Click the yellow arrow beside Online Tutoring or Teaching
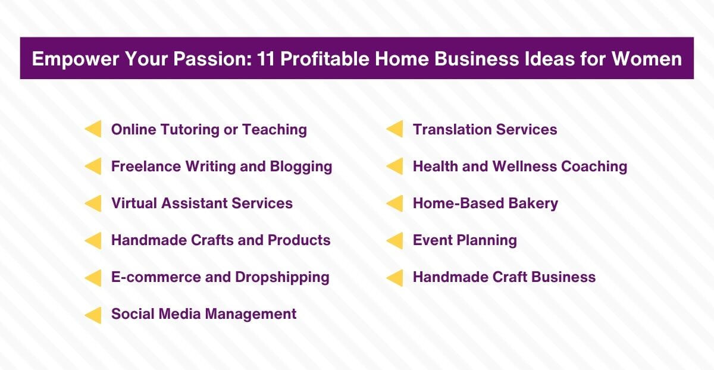pyautogui.click(x=93, y=129)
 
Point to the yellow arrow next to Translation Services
pyautogui.click(x=394, y=129)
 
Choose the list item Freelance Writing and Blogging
pyautogui.click(x=221, y=167)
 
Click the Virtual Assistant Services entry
pyautogui.click(x=202, y=203)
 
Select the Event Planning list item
pyautogui.click(x=465, y=240)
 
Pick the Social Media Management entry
pyautogui.click(x=203, y=314)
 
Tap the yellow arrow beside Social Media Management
pyautogui.click(x=93, y=314)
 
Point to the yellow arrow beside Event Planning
pyautogui.click(x=394, y=240)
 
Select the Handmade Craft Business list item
pyautogui.click(x=504, y=277)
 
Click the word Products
pyautogui.click(x=299, y=240)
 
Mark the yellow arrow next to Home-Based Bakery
pyautogui.click(x=394, y=203)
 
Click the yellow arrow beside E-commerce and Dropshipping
pyautogui.click(x=93, y=277)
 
